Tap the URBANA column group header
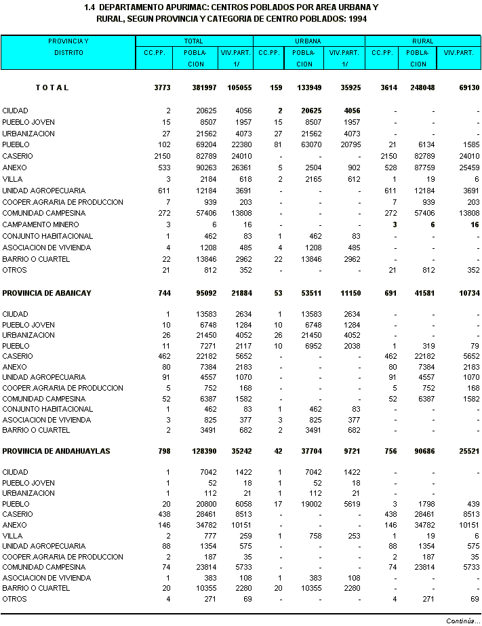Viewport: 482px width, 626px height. pos(308,41)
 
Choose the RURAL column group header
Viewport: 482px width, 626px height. pos(422,41)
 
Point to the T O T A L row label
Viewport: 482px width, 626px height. pos(53,87)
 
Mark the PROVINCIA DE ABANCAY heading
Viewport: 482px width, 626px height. pos(47,293)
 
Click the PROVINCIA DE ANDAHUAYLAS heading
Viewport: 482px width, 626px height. pos(56,451)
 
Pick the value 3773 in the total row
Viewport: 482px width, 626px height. pos(162,87)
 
